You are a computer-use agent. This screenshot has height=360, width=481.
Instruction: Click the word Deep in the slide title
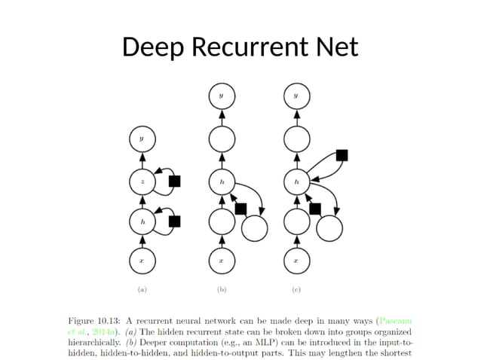(154, 47)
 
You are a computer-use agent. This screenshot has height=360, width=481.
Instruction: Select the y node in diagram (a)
(142, 139)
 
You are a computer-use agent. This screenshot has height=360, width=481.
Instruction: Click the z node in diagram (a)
(142, 182)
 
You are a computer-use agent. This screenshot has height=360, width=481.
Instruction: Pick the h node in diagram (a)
(142, 221)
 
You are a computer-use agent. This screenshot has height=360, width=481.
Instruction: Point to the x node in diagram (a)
(142, 261)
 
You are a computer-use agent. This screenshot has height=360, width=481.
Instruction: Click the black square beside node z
(175, 181)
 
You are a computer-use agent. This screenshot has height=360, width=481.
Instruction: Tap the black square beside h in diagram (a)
(175, 221)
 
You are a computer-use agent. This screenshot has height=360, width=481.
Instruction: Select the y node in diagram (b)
(221, 96)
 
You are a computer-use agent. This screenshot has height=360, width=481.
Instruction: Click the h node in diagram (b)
(221, 182)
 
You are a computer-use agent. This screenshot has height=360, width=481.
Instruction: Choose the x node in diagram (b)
(221, 261)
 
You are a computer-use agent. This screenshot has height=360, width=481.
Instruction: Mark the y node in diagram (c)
(296, 96)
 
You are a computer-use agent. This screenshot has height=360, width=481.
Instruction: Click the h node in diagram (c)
(296, 182)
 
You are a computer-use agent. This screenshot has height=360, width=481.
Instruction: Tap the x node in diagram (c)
(296, 261)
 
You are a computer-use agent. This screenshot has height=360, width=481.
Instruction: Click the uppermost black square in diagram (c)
(342, 155)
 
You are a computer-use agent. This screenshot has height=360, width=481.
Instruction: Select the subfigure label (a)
(142, 288)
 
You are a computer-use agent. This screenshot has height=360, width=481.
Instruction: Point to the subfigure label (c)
(296, 288)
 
